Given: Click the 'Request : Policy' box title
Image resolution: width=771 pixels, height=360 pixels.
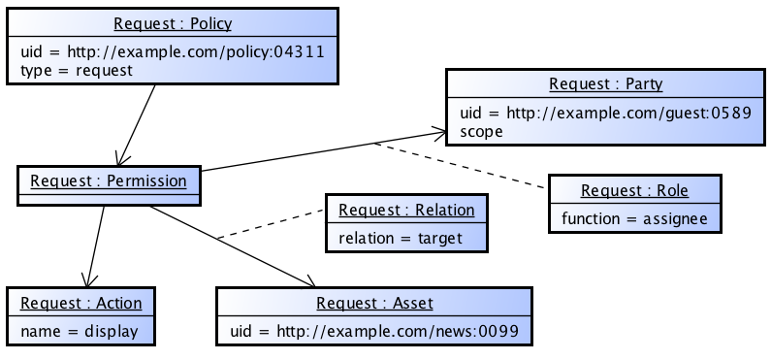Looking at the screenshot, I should point(173,23).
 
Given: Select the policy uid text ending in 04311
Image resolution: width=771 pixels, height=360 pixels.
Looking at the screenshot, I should point(172,51).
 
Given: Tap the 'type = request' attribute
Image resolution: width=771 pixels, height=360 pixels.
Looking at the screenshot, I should point(76,70).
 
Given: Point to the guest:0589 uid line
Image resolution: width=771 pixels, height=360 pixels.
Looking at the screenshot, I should point(605,113).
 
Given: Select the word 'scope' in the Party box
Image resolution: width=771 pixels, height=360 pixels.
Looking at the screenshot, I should point(482,131).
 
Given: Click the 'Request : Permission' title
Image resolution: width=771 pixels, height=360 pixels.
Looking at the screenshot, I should point(108,180).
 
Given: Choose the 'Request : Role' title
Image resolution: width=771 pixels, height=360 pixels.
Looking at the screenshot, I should point(635,190).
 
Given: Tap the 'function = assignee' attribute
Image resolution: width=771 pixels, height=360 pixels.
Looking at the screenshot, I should point(635,218).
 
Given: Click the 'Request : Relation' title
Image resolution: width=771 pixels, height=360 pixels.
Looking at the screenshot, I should point(406,210).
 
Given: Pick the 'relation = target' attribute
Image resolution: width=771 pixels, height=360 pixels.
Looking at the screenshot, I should point(401,238).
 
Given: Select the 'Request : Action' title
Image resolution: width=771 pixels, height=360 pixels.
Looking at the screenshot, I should point(80,303).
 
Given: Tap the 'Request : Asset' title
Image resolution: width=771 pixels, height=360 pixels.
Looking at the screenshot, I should point(373,303).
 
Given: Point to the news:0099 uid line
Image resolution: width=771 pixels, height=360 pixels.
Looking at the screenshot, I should point(373,331).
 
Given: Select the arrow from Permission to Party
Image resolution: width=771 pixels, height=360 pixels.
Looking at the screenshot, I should point(320,150).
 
